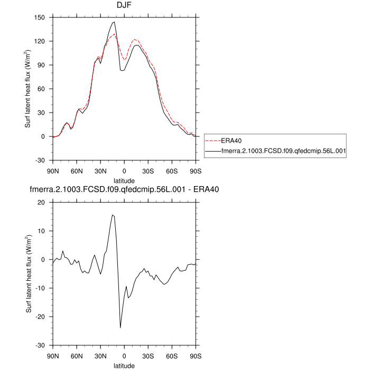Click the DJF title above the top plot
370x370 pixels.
tap(124, 6)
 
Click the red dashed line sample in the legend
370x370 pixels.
tap(211, 141)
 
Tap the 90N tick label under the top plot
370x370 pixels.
tap(53, 171)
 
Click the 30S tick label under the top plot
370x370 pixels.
tap(149, 171)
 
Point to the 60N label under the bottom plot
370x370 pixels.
tap(77, 356)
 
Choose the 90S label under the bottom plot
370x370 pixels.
tap(196, 356)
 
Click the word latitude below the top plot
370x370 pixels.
tap(124, 181)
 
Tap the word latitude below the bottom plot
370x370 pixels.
tap(124, 365)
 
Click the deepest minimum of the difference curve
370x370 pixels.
tap(120, 328)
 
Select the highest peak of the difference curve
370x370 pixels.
tap(112, 215)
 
